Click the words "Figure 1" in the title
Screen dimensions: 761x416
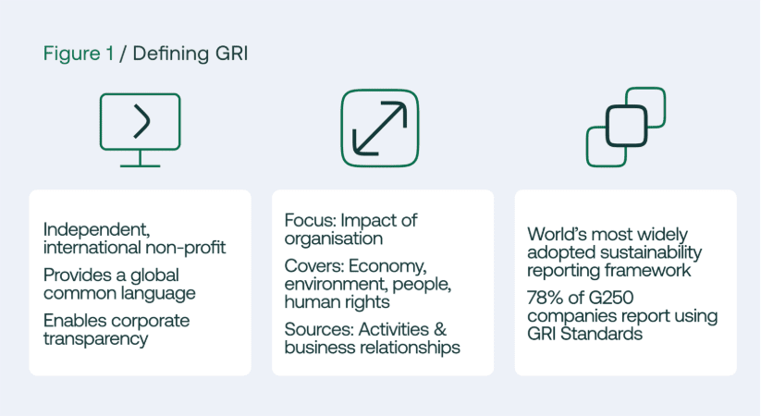click(79, 54)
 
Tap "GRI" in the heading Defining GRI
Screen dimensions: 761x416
click(231, 53)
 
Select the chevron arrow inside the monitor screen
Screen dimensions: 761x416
click(141, 121)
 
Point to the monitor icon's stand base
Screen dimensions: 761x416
click(141, 166)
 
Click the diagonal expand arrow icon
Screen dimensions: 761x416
click(379, 128)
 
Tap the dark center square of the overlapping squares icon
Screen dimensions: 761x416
click(626, 127)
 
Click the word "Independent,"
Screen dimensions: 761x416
click(96, 229)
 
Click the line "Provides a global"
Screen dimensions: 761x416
click(111, 275)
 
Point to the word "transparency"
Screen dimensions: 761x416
click(95, 339)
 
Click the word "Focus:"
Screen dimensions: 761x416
click(310, 220)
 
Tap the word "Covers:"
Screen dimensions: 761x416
click(314, 266)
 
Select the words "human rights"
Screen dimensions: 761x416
click(337, 302)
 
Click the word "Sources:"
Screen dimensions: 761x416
click(319, 330)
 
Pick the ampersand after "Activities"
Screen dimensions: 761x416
click(440, 330)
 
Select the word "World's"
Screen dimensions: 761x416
click(558, 235)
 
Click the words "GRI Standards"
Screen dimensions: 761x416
click(584, 334)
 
